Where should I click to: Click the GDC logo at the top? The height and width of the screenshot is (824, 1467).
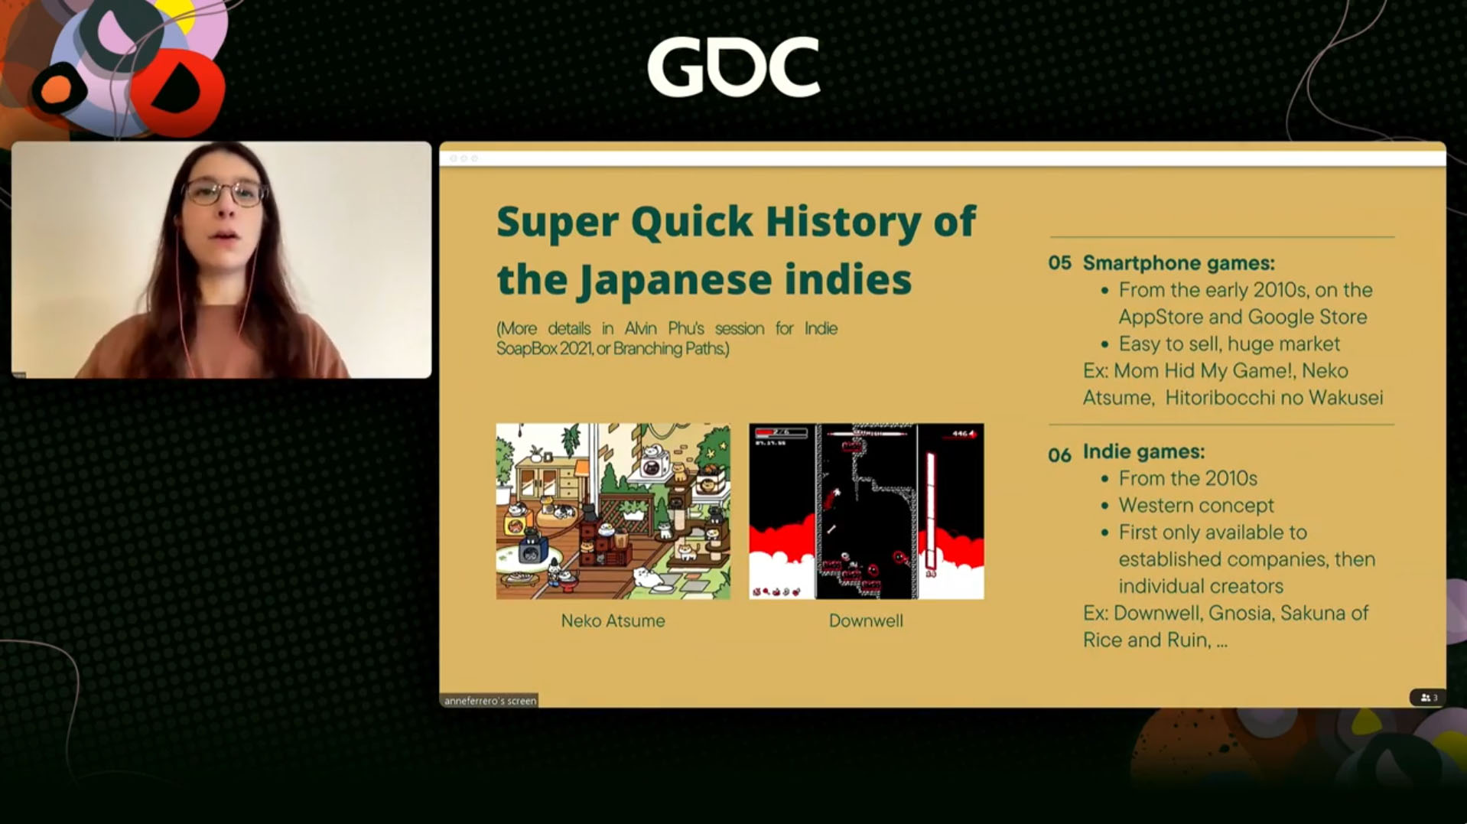733,67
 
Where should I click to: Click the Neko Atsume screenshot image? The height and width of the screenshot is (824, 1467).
613,511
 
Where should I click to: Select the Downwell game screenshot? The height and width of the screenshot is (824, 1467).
866,511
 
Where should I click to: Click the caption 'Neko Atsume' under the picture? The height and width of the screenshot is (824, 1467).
613,620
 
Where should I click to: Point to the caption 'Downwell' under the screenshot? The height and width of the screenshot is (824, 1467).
866,620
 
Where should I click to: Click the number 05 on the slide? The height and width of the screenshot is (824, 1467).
1059,263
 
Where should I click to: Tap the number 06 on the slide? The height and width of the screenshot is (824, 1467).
1059,455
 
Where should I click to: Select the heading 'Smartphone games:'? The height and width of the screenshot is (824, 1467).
1179,263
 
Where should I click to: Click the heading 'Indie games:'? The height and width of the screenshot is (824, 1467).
1143,451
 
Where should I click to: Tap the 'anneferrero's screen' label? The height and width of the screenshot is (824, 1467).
490,700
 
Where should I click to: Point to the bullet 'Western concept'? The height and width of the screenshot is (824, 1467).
1196,505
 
